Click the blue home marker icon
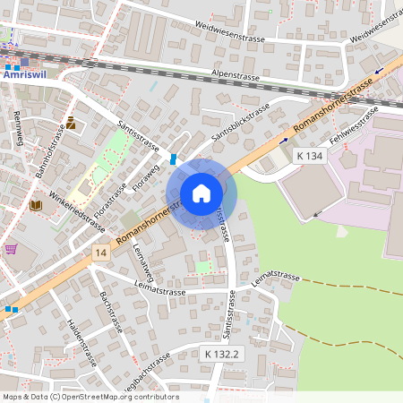tap(201, 193)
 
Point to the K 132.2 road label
tap(219, 355)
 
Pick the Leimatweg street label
tap(142, 260)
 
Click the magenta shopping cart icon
tap(11, 249)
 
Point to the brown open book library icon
tap(36, 205)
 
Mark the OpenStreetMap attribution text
tap(90, 397)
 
